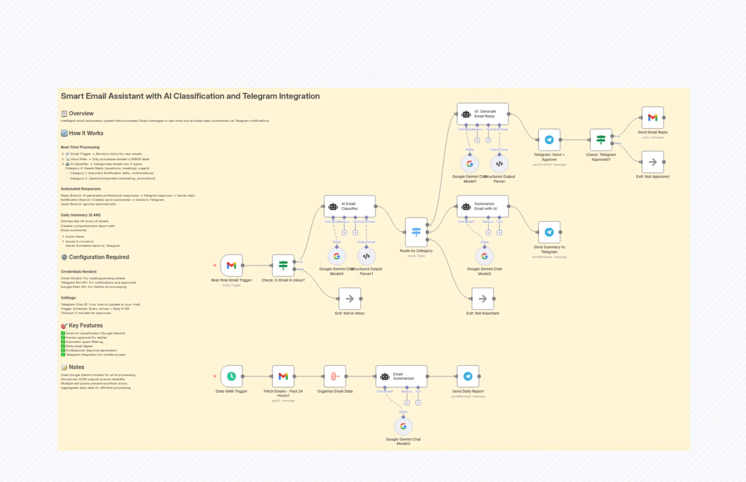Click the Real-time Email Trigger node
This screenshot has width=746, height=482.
tap(231, 265)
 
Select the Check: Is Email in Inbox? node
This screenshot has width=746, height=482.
tap(283, 265)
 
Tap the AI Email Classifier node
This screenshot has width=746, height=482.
tap(350, 206)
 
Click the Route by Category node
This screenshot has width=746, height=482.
tap(416, 232)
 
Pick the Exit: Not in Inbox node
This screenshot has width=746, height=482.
tap(350, 299)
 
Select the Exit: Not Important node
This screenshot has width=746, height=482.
tap(482, 299)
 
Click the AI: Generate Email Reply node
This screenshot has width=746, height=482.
tap(482, 114)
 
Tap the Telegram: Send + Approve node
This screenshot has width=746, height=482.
tap(549, 140)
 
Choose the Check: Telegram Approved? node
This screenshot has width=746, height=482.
tap(601, 140)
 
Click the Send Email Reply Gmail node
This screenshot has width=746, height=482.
tap(653, 118)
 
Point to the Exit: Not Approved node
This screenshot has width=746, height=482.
tap(653, 162)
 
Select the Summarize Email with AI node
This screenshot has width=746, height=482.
tap(482, 206)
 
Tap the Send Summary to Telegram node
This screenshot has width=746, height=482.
tap(549, 232)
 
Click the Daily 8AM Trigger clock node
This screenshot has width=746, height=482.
tap(231, 376)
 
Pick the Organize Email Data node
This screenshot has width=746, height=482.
tap(335, 376)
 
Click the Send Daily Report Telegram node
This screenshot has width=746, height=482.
tap(468, 376)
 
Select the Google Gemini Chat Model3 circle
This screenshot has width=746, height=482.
tap(403, 426)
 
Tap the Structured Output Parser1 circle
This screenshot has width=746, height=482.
tap(366, 256)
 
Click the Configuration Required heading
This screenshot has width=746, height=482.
tap(99, 257)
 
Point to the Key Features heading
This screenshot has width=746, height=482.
tap(85, 326)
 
